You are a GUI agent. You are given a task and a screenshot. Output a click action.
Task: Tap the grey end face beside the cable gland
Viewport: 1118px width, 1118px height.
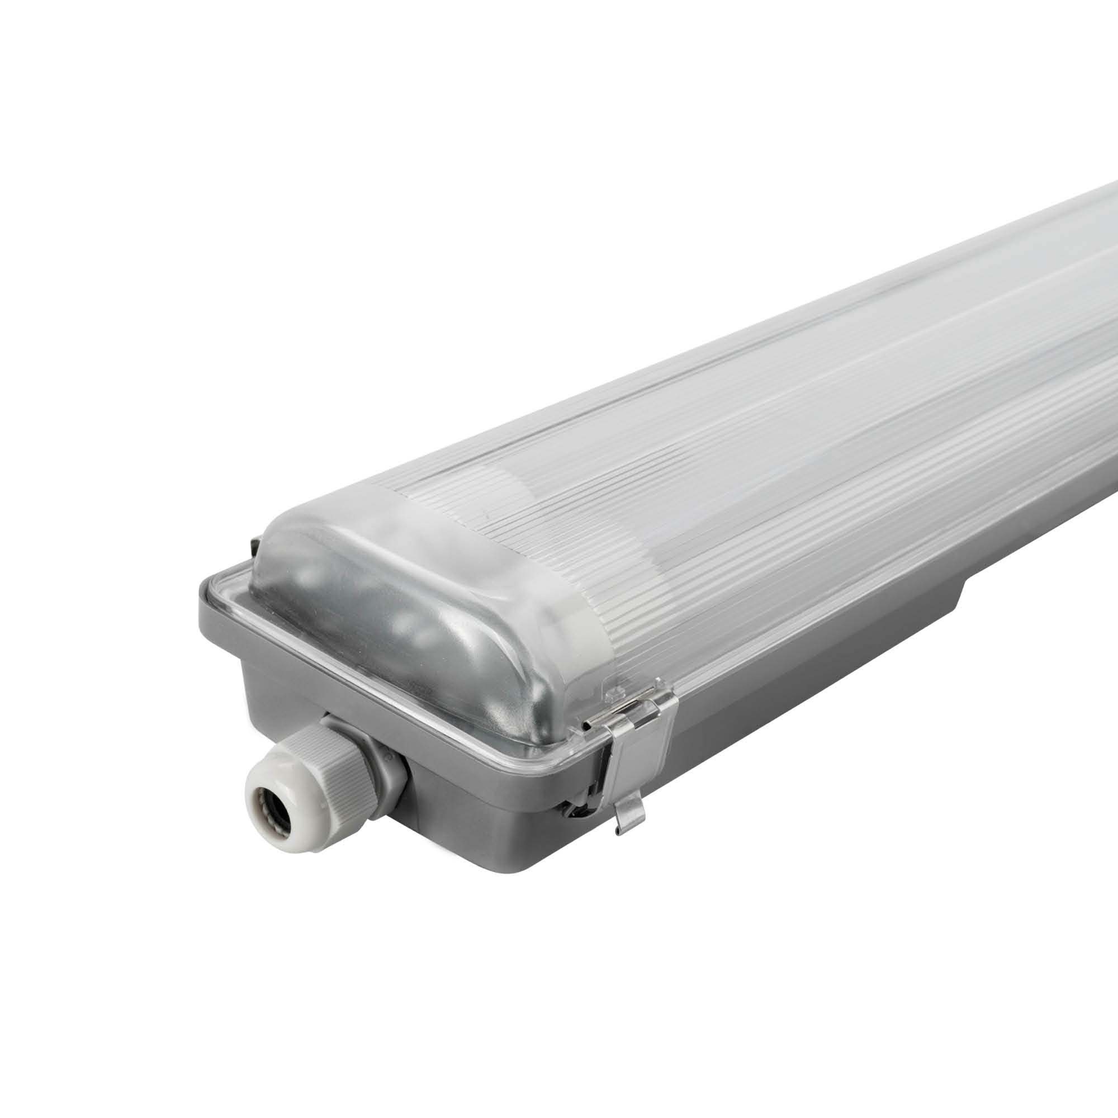pos(492,810)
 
